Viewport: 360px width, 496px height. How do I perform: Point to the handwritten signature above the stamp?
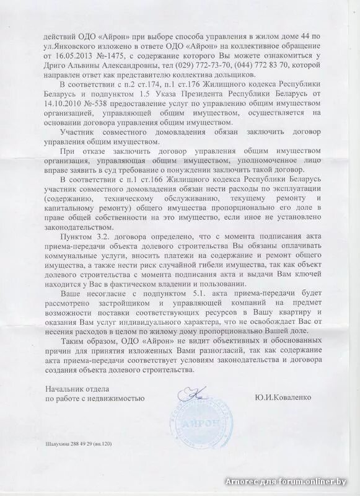[x=192, y=393]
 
